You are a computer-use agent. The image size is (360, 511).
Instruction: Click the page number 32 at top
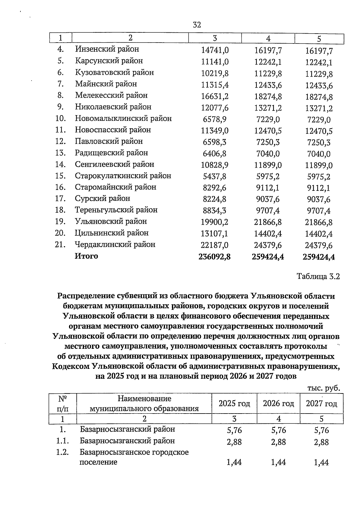click(197, 25)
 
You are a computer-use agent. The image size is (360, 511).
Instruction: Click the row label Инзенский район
click(107, 49)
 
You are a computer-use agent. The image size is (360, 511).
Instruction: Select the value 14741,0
click(214, 50)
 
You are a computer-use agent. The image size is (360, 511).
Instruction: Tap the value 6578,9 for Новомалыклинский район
click(214, 119)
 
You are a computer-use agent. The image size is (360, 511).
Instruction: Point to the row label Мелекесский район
click(111, 95)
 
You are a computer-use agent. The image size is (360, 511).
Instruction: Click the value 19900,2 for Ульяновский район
click(214, 222)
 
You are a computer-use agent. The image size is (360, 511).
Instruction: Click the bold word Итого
click(86, 256)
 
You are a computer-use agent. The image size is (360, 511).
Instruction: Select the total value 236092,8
click(214, 257)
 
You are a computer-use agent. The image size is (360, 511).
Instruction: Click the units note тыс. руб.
click(323, 388)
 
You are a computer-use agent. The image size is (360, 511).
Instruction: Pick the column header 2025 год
click(234, 404)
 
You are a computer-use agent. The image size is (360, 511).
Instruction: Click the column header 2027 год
click(321, 404)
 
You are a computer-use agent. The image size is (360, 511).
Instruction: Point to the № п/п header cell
click(62, 404)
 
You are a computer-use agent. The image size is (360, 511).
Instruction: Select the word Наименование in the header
click(145, 399)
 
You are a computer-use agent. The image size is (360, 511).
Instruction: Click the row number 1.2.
click(62, 453)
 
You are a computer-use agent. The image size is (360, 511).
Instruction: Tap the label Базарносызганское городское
click(134, 452)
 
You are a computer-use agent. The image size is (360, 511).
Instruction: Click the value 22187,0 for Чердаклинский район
click(214, 245)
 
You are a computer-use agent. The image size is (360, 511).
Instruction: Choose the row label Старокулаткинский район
click(123, 176)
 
